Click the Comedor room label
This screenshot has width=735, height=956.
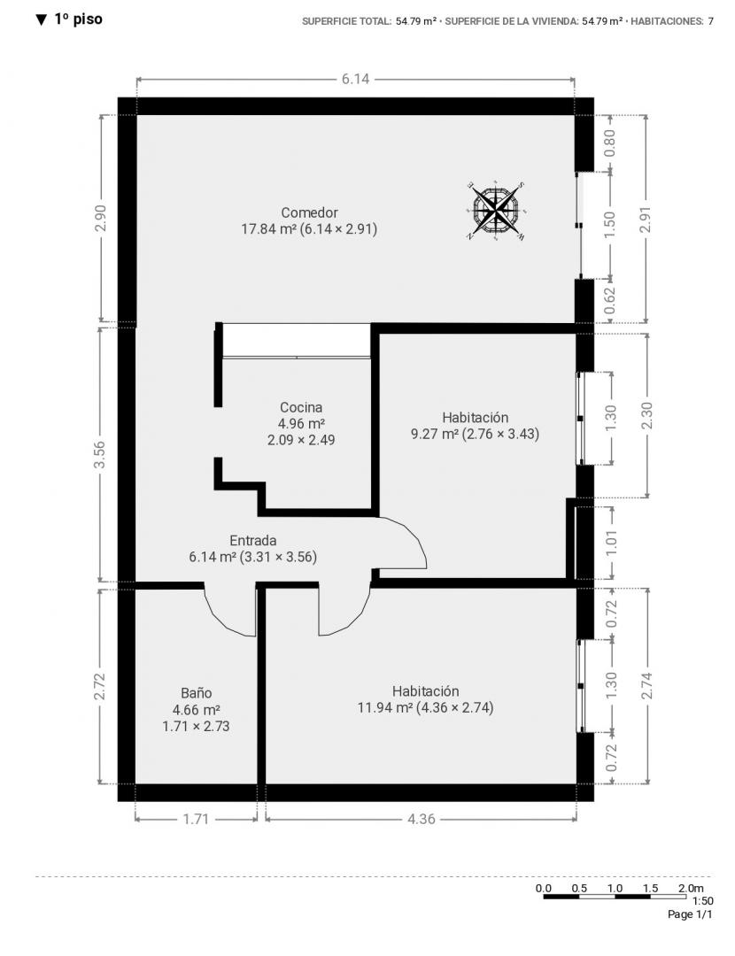coord(309,212)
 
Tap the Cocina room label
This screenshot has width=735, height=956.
coord(301,407)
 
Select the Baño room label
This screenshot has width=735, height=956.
coord(197,693)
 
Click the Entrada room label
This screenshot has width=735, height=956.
coord(253,541)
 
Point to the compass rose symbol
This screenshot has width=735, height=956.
coord(497,211)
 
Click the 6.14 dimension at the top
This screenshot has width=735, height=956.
coord(356,79)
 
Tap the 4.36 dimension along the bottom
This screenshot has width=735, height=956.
coord(422,819)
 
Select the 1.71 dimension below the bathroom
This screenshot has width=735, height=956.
coord(196,819)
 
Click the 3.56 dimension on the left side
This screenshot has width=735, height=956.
coord(101,455)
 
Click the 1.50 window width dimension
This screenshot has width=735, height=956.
coord(609,224)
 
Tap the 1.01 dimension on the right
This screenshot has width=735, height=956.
coord(611,543)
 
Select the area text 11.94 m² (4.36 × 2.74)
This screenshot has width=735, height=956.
coord(425,708)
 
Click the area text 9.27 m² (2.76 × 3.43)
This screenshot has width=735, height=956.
coord(476,434)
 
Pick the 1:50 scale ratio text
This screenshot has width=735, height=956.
coord(702,901)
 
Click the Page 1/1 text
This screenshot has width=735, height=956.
coord(690,914)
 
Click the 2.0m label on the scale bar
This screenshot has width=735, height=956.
coord(691,889)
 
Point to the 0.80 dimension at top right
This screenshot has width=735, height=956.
coord(609,143)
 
